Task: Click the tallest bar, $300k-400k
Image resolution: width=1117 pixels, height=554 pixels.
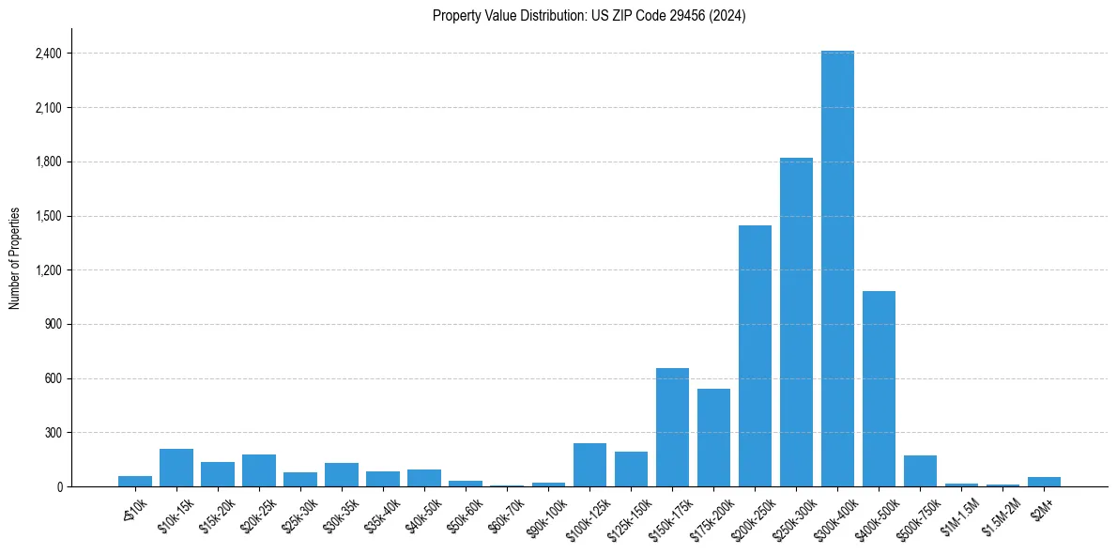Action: pos(837,269)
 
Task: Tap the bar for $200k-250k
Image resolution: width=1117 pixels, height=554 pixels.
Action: pos(755,356)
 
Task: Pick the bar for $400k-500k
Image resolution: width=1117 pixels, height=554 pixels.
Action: pos(879,389)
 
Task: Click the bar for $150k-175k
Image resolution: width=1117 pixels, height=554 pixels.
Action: pos(672,427)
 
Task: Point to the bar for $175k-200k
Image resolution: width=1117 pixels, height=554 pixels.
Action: pos(713,438)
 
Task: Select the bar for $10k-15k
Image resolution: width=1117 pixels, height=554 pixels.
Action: pos(176,468)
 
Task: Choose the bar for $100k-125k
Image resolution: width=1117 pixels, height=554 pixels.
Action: pos(589,465)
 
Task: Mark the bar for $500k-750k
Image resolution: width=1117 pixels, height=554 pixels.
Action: pos(920,470)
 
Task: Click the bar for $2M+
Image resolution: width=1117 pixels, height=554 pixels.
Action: pos(1044,482)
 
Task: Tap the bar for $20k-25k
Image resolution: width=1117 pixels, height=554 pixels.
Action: pos(259,470)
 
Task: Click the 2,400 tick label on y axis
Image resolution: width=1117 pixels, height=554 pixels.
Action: pos(47,54)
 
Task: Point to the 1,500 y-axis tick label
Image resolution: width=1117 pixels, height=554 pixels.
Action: pos(47,216)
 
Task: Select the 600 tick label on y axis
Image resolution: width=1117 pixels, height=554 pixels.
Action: pos(52,378)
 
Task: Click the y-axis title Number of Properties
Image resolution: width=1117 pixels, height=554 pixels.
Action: pos(15,258)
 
